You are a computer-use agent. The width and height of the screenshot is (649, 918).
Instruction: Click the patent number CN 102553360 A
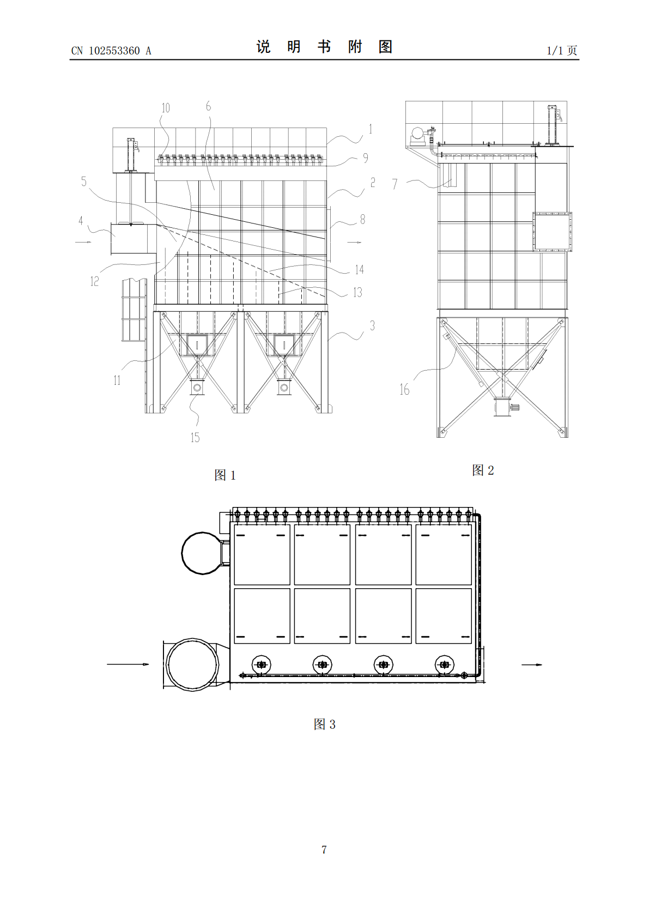coord(111,51)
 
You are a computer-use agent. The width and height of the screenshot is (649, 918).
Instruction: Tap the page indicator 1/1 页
coord(562,50)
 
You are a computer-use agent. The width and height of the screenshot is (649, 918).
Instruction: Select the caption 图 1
coord(225,475)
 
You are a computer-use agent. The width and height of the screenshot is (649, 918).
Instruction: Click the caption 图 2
coord(483,470)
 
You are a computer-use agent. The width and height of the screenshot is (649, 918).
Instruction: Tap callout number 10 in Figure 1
coord(166,108)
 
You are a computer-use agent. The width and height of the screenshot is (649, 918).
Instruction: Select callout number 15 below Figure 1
coord(195,437)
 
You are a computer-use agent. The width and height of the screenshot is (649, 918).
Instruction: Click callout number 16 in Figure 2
coord(404,389)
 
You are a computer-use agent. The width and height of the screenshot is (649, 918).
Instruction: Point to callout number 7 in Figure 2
coord(395,184)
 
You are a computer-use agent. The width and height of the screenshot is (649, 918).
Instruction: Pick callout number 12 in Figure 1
coord(95,281)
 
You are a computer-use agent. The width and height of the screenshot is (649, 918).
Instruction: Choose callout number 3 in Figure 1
coord(372,325)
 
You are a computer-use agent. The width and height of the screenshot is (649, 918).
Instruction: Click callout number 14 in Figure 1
coord(359,269)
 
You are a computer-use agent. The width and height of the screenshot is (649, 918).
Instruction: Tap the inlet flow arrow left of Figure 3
coord(128,665)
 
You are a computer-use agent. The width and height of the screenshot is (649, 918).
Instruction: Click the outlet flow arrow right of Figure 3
coord(532,665)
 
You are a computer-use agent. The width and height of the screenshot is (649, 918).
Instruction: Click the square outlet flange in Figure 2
coord(553,232)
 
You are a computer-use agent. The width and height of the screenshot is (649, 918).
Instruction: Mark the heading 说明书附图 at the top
coord(325,47)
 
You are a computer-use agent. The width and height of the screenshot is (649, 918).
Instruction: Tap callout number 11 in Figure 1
coord(117,381)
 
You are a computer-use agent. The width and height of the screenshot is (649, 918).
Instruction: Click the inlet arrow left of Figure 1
coord(83,242)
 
